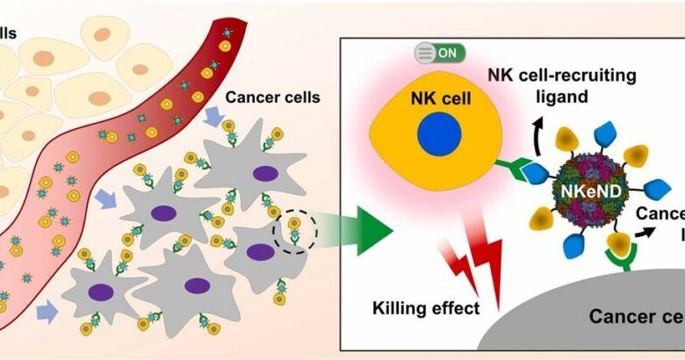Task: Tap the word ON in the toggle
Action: [x=446, y=53]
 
